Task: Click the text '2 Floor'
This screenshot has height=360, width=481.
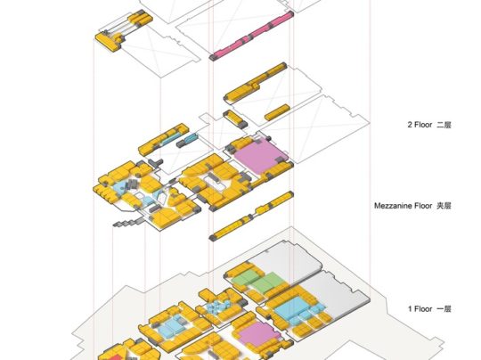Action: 420,125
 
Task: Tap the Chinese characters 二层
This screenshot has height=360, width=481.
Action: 444,125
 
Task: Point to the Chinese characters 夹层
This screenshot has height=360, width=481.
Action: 444,206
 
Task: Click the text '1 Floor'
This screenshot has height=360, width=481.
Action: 420,308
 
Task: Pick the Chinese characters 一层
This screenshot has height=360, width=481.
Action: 444,308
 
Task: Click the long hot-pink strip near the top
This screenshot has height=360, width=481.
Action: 251,36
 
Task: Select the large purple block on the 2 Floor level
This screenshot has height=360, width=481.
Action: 259,155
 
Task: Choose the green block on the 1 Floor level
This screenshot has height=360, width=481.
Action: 257,281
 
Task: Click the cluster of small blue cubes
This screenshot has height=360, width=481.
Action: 218,307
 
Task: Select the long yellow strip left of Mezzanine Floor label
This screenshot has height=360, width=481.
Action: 251,216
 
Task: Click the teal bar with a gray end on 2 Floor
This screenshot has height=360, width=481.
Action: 187,140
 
